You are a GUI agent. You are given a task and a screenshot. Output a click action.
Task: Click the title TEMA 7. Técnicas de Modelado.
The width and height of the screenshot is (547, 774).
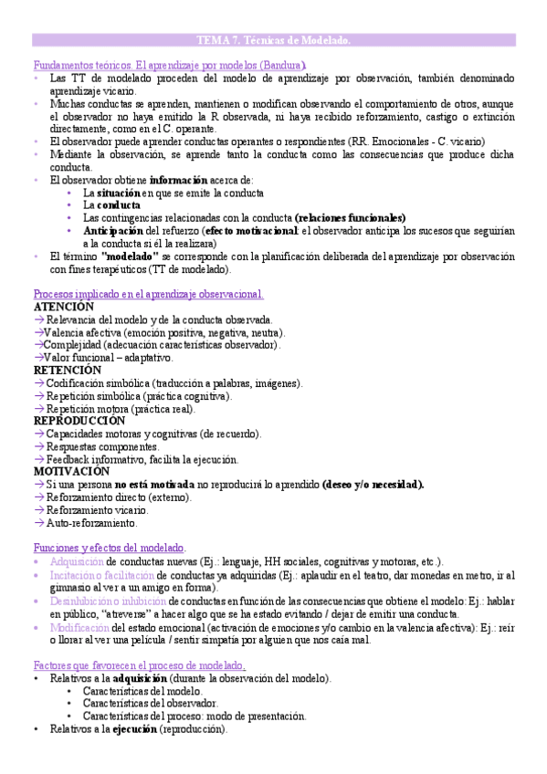(274, 40)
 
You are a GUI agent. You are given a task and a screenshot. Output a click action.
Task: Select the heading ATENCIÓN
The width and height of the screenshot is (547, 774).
(63, 308)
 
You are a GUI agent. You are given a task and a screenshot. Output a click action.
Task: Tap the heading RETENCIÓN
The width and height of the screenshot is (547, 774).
(68, 371)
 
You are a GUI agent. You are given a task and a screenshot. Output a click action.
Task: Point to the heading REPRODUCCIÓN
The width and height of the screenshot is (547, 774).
(79, 422)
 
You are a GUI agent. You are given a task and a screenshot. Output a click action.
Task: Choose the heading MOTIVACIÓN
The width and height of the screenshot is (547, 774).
(71, 472)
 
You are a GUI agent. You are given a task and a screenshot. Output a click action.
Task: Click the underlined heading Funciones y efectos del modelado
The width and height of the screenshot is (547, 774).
(109, 548)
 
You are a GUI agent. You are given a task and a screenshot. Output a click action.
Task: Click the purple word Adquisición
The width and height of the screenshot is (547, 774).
(78, 561)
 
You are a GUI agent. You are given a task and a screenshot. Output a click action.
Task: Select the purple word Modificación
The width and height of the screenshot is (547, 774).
(80, 627)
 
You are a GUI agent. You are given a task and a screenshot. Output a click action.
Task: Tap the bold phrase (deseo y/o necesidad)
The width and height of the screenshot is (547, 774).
(373, 485)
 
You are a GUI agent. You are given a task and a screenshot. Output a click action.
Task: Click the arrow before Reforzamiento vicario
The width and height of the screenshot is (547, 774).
(39, 510)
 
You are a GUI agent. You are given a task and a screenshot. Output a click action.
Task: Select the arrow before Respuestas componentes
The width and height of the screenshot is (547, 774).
(39, 447)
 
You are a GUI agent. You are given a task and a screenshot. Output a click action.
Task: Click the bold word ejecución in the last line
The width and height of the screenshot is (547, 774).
(134, 729)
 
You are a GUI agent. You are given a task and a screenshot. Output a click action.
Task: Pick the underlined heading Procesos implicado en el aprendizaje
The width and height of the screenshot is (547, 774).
(148, 294)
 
